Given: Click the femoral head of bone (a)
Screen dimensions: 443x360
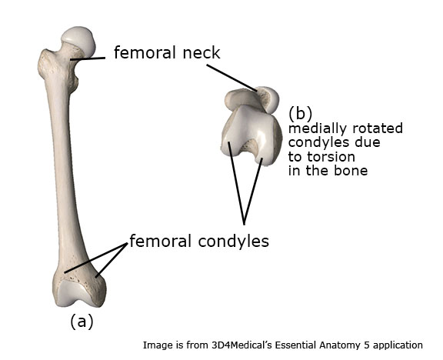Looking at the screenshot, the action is click(x=78, y=42).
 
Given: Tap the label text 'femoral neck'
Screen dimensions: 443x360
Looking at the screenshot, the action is click(x=167, y=53).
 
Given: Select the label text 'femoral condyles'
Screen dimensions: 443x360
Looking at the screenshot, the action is click(x=199, y=241).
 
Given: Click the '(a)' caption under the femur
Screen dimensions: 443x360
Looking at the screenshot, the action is click(x=82, y=322).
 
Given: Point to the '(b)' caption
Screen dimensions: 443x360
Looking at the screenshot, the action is click(x=300, y=114).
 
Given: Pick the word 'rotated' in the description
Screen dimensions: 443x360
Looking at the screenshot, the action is click(x=376, y=128).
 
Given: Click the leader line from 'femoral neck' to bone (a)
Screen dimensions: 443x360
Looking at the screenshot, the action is click(x=88, y=58).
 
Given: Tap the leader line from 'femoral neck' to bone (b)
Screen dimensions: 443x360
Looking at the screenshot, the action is click(x=232, y=78).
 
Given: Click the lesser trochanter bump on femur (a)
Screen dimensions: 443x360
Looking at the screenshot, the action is click(x=75, y=83).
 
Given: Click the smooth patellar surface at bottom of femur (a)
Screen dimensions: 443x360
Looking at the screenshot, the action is click(x=74, y=292).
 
